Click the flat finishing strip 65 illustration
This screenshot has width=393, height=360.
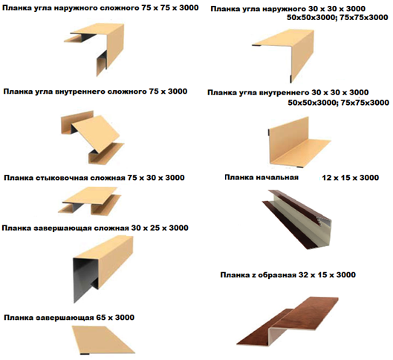pos(102,339)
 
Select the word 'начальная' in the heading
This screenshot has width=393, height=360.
pos(277,178)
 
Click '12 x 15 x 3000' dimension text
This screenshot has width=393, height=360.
pos(351,178)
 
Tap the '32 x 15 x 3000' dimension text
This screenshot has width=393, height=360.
pos(327,275)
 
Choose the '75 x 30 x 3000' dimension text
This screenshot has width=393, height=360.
pos(156,178)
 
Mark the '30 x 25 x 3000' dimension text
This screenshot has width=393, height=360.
pos(160,228)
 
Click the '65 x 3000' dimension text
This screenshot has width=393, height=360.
pos(115,318)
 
